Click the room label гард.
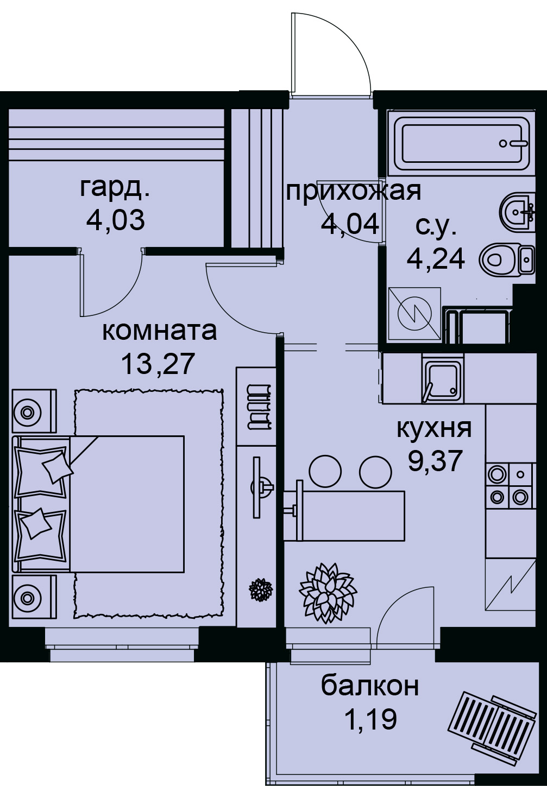click(115, 189)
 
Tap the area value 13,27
click(158, 364)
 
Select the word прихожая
click(354, 193)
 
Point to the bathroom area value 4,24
click(436, 258)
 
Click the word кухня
click(434, 429)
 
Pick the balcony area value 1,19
click(371, 718)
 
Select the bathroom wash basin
click(517, 211)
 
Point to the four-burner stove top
click(511, 485)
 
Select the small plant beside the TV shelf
click(261, 589)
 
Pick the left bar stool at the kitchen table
click(325, 471)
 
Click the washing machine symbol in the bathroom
click(414, 313)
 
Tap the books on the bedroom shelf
click(260, 407)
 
